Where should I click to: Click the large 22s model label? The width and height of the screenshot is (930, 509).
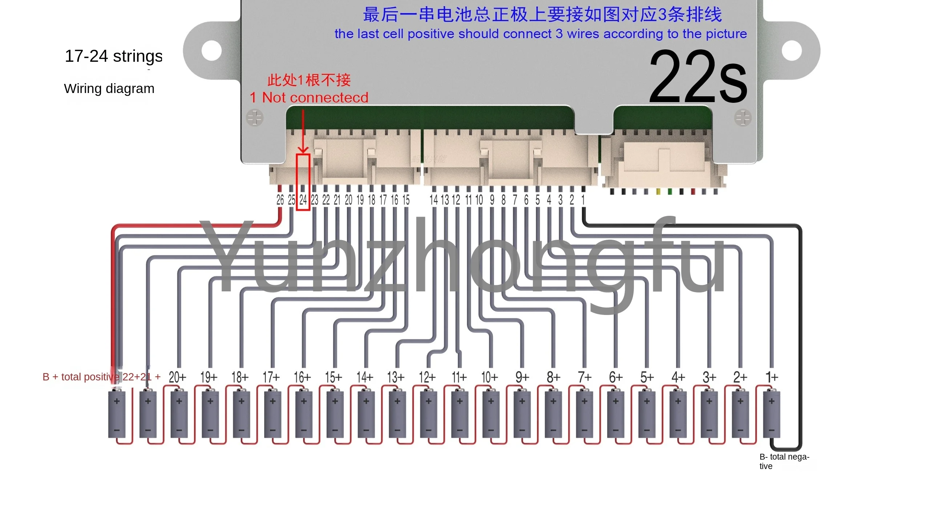click(697, 77)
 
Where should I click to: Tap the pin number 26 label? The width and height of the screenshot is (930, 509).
click(280, 200)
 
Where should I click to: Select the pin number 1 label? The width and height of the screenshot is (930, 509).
click(583, 200)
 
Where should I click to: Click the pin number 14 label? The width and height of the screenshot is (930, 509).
click(434, 200)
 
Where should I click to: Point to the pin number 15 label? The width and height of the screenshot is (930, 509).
click(406, 200)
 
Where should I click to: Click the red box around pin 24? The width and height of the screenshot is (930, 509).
click(303, 182)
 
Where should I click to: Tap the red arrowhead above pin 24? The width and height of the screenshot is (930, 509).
click(303, 150)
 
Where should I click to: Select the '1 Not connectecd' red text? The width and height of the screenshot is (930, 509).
click(309, 97)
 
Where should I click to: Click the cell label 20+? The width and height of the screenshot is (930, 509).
click(177, 377)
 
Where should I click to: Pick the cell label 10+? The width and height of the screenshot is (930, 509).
click(489, 377)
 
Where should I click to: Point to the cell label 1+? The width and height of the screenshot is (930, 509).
click(772, 377)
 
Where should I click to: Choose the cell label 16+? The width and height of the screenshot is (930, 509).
click(302, 377)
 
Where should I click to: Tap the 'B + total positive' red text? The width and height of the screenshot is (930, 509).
click(80, 377)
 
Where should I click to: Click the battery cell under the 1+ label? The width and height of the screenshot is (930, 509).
click(771, 414)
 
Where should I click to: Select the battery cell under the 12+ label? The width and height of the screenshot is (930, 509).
click(428, 414)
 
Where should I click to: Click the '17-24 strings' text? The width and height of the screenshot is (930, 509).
click(114, 56)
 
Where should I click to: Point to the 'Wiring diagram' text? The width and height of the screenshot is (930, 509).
click(109, 89)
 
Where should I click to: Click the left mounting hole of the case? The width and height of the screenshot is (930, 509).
click(211, 51)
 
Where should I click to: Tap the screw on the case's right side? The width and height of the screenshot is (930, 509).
click(742, 118)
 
